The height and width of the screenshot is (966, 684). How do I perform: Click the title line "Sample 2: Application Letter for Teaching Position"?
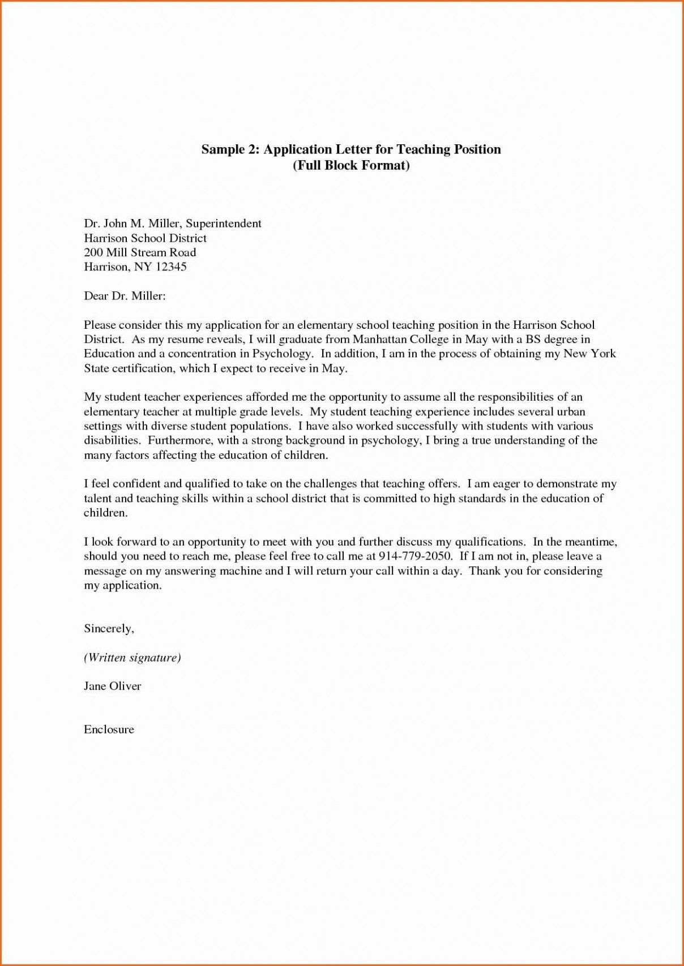(351, 150)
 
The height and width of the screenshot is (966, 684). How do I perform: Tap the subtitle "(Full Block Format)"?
(351, 166)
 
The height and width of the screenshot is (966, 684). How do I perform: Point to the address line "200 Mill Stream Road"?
(140, 252)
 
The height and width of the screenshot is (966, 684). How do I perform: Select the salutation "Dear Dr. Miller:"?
(125, 295)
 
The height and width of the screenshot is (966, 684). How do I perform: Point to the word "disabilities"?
(112, 440)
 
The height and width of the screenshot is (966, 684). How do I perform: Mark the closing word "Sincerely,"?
(109, 629)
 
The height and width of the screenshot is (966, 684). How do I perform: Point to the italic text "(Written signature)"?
(132, 658)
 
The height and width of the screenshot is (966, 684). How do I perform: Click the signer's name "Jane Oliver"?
(112, 686)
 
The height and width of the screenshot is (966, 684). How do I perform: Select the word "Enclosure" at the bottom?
(109, 729)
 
